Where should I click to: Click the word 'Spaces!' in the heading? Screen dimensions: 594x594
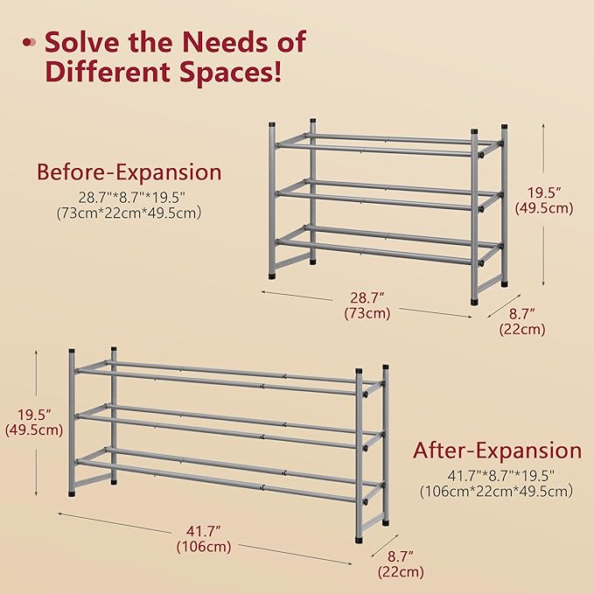coord(231,72)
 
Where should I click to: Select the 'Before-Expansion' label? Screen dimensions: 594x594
coord(129,172)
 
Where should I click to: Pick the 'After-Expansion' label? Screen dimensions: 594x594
coord(498,451)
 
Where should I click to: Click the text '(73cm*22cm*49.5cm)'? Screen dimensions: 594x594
coord(129,213)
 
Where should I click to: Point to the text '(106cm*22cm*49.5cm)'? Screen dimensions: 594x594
coord(496,491)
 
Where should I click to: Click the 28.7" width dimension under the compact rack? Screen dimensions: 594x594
coord(367,297)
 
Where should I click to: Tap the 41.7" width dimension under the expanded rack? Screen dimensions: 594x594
coord(204,532)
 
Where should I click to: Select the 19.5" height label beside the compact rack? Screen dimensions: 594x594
coord(544,192)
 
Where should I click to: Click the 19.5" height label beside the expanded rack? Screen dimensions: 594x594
coord(34,416)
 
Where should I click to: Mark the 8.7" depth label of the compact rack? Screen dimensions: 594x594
coord(522,314)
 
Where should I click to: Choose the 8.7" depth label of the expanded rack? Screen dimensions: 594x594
coord(401,556)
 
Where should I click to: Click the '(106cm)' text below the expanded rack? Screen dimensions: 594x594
coord(204,547)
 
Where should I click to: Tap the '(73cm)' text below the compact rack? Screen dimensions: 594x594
coord(367,313)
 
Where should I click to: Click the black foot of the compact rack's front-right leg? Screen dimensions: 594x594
coord(474,302)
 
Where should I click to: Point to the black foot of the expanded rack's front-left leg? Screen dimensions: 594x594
coord(72,493)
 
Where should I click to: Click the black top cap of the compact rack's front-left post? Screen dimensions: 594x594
coord(271,124)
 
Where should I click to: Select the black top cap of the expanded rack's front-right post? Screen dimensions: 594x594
coord(359,371)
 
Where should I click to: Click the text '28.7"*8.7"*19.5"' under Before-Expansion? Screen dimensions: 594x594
coord(132,198)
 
